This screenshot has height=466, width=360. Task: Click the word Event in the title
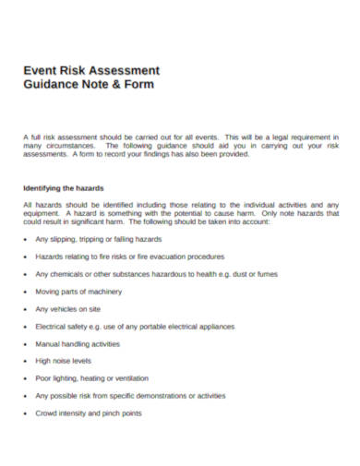pos(40,69)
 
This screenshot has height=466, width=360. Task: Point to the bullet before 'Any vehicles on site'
pos(24,309)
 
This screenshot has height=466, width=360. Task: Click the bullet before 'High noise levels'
pos(24,361)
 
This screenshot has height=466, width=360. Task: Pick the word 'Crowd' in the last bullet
pos(47,412)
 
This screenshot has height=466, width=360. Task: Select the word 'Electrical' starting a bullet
pos(53,327)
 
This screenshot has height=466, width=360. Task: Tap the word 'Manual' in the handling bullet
pos(48,343)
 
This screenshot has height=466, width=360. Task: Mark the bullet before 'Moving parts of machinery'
pos(24,292)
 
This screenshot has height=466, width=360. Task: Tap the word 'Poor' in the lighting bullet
pos(43,378)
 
